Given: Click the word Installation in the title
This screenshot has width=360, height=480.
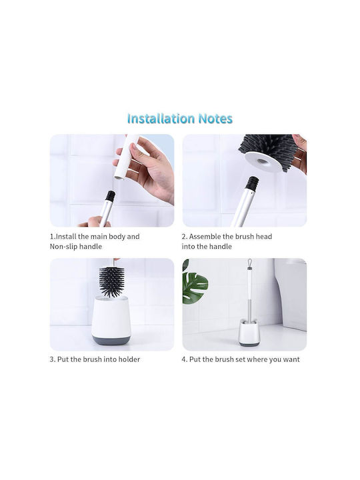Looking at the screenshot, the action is coord(161,119).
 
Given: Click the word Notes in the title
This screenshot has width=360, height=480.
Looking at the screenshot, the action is coord(215,119).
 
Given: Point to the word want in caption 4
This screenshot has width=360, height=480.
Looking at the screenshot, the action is coord(291,359).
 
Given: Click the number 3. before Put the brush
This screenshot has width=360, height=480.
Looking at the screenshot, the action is coord(53,359).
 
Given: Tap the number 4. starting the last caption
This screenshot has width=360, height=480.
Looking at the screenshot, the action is coord(184,359).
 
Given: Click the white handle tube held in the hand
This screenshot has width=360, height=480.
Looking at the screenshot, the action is coord(126,156).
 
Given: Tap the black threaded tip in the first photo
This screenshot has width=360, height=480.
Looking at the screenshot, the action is coord(110,196).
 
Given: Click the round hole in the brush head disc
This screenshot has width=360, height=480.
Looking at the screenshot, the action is coord(262,161).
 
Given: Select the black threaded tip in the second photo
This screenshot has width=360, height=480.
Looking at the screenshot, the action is coord(253,183).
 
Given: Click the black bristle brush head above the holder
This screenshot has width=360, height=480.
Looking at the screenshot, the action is coord(111,281).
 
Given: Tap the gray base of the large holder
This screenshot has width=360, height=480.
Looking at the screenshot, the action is coord(111,340).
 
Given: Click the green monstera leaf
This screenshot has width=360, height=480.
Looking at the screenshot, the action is coord(194,287).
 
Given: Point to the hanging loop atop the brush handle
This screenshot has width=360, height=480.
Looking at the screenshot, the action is coord(250,263).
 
